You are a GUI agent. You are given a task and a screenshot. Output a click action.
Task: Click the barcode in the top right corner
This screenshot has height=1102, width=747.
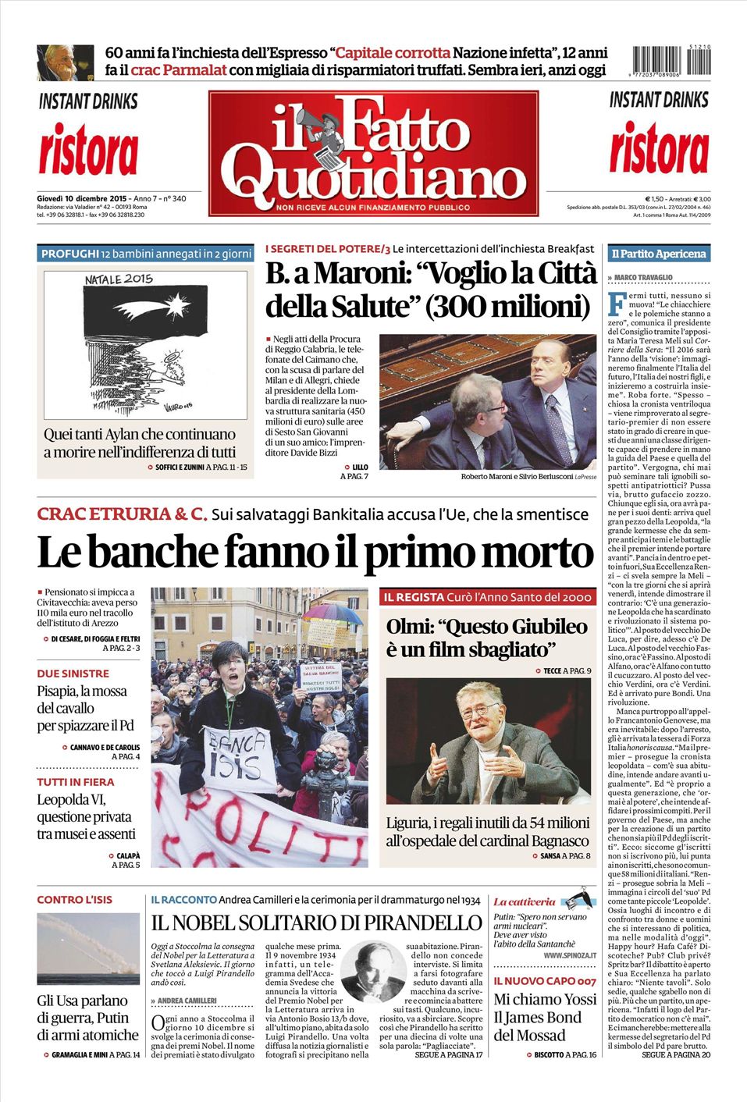(671, 61)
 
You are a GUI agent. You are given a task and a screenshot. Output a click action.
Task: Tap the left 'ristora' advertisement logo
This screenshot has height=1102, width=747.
(88, 151)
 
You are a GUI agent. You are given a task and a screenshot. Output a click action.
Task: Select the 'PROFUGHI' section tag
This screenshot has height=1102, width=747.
(70, 254)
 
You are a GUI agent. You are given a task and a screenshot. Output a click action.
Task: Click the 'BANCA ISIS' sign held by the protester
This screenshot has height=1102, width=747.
(233, 756)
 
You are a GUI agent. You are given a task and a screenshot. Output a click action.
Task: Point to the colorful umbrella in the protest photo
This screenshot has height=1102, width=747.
(333, 613)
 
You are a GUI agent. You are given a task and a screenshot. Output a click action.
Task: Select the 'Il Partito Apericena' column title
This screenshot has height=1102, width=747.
(658, 254)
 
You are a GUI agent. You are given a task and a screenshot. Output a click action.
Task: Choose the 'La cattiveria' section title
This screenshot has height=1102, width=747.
(525, 901)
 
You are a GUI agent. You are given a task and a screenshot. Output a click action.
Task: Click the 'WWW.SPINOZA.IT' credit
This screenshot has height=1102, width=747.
(570, 955)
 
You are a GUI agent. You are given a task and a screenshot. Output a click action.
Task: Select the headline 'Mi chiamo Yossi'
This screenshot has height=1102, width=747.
(545, 999)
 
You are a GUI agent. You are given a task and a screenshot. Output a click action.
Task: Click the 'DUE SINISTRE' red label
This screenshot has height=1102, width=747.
(73, 673)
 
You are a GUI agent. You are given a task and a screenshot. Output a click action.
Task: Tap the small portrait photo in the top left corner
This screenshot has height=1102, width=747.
(65, 62)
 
